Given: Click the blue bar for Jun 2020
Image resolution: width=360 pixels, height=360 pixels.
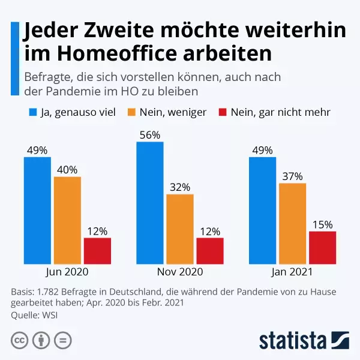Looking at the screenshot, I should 37,211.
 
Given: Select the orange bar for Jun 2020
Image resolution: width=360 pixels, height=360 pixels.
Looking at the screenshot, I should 67,220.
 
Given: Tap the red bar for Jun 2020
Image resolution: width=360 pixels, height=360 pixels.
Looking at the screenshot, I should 97,251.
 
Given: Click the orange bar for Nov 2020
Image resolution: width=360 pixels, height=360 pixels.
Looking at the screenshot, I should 179,229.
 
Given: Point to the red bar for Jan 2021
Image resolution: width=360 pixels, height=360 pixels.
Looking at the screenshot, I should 322,248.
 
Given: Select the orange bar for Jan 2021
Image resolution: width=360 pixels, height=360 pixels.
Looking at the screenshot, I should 292,224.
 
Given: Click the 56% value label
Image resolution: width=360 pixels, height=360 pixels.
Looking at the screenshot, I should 149,135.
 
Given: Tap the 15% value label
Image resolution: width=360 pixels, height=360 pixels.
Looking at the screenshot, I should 322,224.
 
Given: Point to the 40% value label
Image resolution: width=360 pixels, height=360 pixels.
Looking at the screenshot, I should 67,170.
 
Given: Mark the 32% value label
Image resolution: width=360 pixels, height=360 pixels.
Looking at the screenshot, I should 179,187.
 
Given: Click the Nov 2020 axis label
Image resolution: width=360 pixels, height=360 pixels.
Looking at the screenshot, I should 179,272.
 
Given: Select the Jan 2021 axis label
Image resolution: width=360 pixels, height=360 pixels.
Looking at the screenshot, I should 292,272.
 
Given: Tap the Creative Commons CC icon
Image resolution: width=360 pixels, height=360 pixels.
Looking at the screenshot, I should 20,340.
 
